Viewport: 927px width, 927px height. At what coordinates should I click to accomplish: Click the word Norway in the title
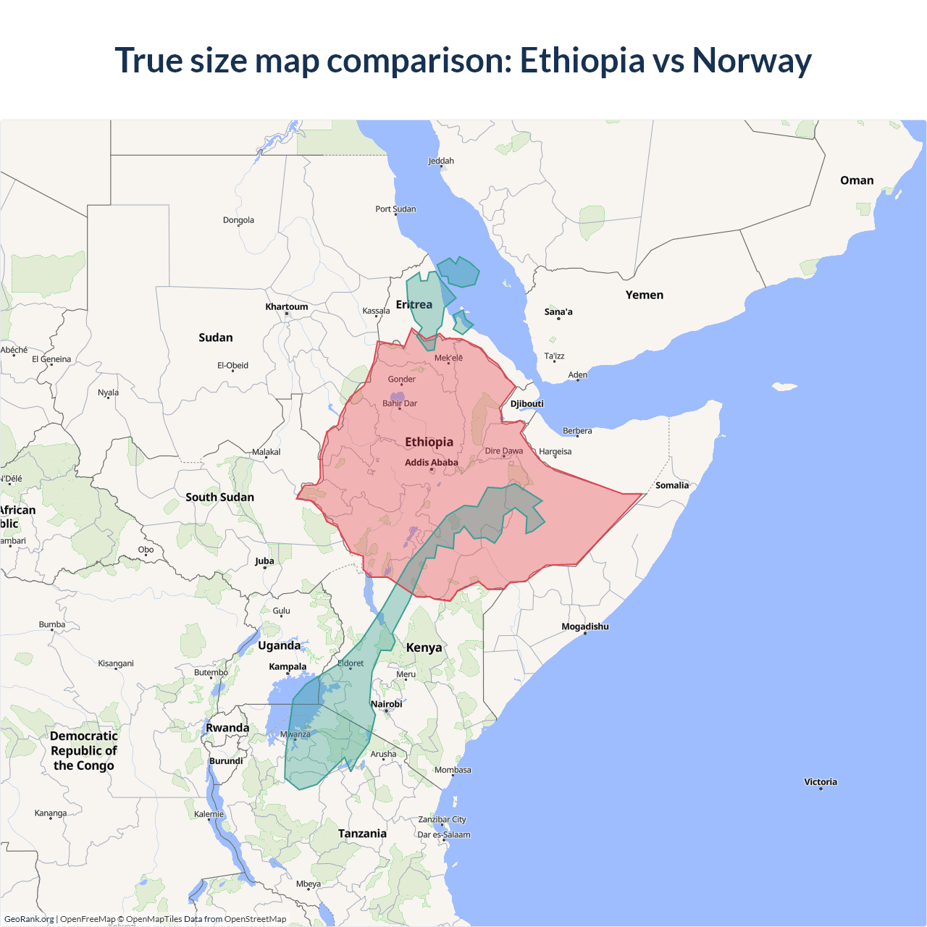[751, 60]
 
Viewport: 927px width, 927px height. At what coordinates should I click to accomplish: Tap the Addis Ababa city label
[431, 462]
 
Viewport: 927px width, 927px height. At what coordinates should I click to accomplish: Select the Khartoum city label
[286, 306]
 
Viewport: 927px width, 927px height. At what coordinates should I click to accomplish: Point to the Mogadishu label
[584, 626]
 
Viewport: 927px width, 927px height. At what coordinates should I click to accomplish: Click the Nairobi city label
[386, 704]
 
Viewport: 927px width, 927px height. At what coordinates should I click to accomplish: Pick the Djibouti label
[527, 403]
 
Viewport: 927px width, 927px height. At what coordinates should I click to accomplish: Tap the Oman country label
[856, 180]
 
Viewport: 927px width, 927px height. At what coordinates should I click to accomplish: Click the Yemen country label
[644, 295]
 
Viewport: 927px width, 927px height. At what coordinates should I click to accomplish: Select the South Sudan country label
[219, 497]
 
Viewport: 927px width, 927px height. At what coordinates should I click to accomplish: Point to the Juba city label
[264, 561]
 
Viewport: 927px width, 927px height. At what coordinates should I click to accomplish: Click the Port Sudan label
[395, 209]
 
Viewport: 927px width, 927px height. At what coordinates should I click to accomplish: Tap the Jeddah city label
[441, 161]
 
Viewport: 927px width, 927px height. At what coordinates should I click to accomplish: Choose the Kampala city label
[288, 666]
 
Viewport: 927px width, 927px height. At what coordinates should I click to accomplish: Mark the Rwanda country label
[227, 728]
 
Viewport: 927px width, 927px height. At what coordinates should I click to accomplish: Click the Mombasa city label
[453, 770]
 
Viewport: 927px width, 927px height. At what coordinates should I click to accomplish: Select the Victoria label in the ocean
[820, 781]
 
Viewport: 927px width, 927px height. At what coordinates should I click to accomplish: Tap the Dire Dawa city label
[503, 450]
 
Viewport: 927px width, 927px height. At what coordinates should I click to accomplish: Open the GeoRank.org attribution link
[29, 919]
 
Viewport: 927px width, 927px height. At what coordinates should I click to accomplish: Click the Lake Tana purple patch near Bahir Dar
[397, 397]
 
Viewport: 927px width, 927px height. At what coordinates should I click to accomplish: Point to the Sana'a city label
[558, 311]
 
